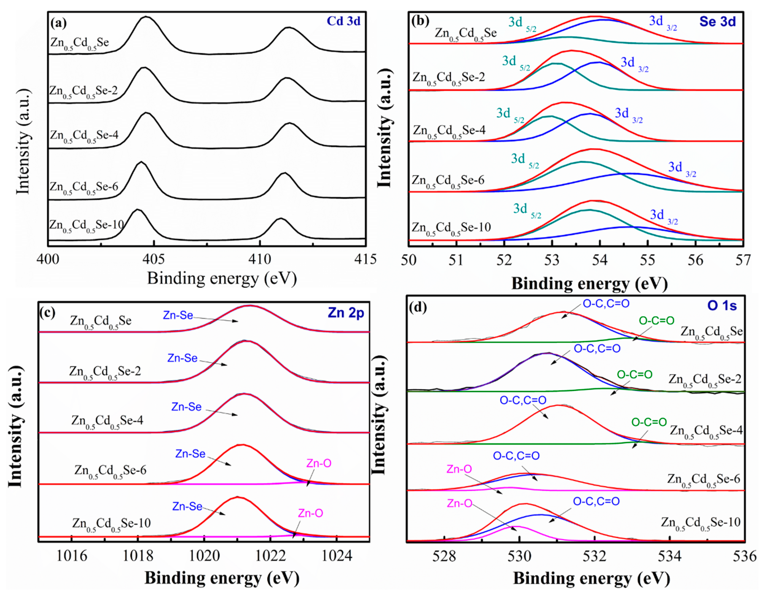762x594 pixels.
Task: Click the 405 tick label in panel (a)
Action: coord(154,259)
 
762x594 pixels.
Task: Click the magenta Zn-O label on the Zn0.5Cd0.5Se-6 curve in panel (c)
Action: coord(319,463)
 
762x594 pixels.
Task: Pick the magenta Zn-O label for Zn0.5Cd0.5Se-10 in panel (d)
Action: coord(460,503)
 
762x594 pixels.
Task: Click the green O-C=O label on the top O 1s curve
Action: coord(656,320)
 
